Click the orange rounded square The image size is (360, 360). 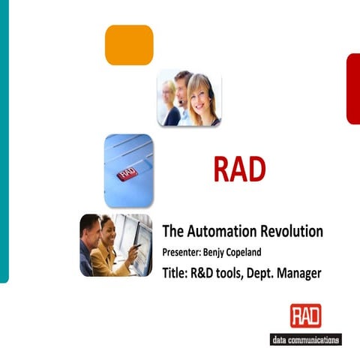(x=129, y=44)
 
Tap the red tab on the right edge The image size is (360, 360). (x=352, y=88)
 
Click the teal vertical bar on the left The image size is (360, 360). (x=4, y=142)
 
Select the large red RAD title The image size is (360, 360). (x=239, y=170)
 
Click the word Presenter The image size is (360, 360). (x=184, y=252)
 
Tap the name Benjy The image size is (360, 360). (x=226, y=252)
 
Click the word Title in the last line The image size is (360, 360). (x=176, y=273)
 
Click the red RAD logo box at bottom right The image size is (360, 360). (x=305, y=316)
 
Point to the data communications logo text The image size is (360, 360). (x=305, y=339)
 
